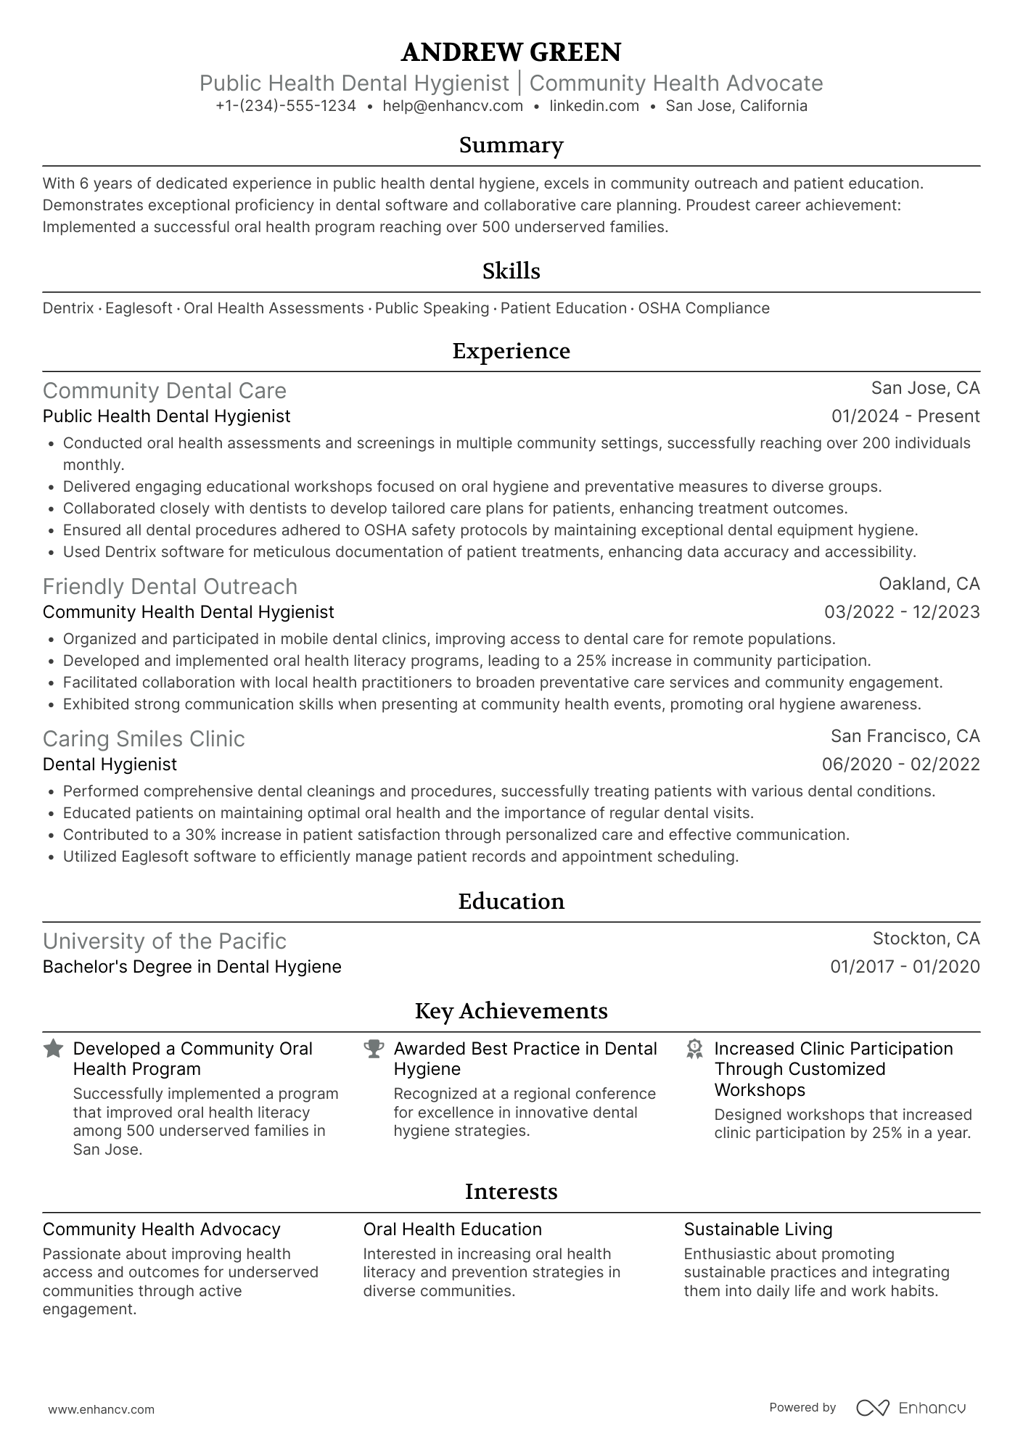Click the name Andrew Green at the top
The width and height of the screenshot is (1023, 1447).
tap(511, 52)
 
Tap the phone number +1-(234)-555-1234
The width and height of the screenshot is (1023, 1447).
tap(286, 106)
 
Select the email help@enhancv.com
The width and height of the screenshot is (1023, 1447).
tap(453, 106)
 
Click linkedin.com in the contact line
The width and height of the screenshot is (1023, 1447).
tap(594, 106)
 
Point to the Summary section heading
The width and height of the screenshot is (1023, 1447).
tap(511, 145)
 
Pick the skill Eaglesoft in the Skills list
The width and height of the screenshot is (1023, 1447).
tap(139, 308)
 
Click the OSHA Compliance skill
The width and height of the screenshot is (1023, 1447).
tap(704, 308)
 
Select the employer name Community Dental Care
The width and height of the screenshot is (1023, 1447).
tap(165, 391)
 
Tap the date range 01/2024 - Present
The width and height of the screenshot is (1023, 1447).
tap(905, 416)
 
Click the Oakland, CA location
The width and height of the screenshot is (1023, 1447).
tap(929, 584)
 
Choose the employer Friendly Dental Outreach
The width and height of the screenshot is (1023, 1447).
tap(170, 587)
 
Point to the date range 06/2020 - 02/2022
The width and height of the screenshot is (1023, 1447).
tap(900, 764)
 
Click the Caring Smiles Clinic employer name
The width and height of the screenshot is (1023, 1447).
tap(144, 739)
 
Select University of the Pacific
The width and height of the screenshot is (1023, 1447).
tap(165, 941)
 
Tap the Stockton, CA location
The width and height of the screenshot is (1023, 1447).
tap(926, 939)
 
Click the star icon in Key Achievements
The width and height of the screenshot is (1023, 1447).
tap(53, 1049)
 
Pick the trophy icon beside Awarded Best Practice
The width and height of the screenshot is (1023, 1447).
tap(374, 1049)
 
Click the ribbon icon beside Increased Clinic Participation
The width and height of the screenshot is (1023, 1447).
tap(694, 1049)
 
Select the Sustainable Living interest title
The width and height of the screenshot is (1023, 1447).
tap(758, 1229)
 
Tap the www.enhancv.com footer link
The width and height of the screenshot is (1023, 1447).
tap(102, 1410)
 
